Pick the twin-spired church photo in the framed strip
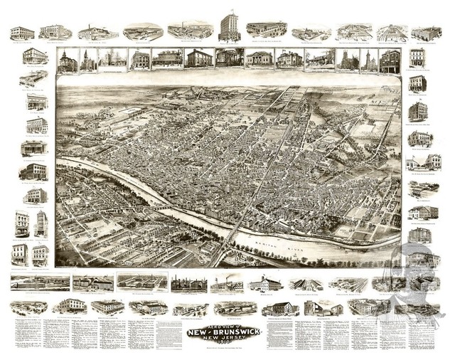click(348, 60)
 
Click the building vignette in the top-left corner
click(22, 33)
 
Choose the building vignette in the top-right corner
click(426, 33)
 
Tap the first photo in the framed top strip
click(67, 60)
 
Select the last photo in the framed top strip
click(389, 60)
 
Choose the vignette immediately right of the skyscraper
click(266, 30)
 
